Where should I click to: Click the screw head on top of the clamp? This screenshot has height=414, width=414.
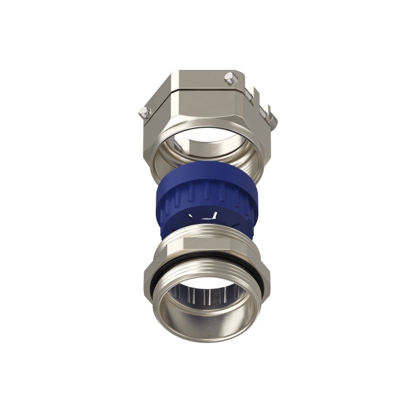pos(229,79)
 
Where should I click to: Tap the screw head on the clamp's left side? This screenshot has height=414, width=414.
pos(144,112)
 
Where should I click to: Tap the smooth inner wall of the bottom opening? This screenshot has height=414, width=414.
pos(207,321)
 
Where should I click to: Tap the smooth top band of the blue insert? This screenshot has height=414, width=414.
pos(207,171)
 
